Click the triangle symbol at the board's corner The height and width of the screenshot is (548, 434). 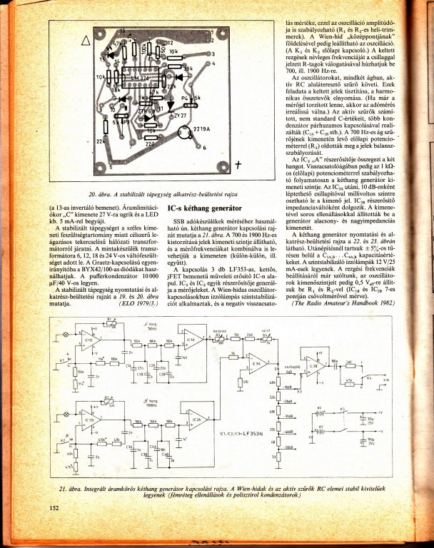click(x=87, y=40)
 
